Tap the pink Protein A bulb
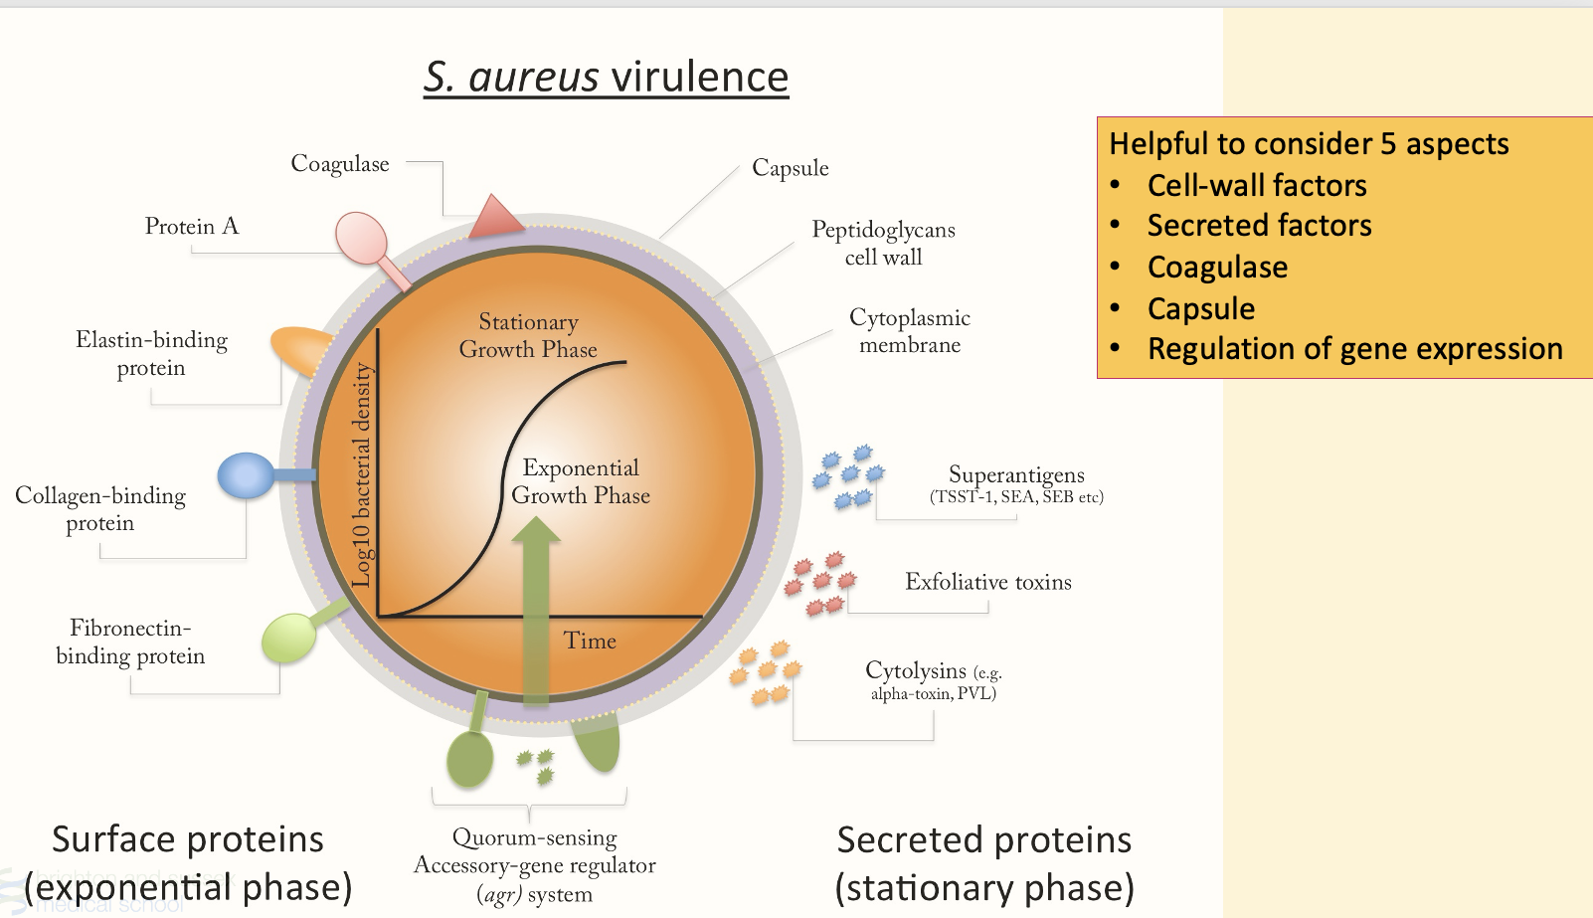click(361, 237)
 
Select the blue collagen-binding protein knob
click(246, 475)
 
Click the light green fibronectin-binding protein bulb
click(288, 638)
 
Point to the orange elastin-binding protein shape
click(301, 349)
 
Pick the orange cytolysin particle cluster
click(765, 672)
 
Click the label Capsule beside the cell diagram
click(790, 168)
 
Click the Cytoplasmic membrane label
click(909, 331)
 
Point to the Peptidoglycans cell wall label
click(883, 243)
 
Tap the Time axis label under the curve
click(590, 642)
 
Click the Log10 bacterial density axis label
click(362, 475)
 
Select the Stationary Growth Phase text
click(528, 335)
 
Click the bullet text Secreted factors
click(1259, 226)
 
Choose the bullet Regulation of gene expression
click(1354, 349)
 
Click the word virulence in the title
click(699, 78)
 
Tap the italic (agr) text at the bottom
click(500, 894)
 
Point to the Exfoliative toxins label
click(987, 582)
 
